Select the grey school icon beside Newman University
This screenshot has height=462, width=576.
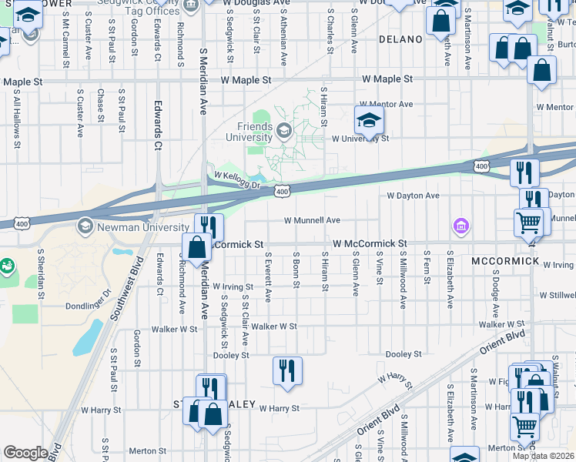[x=83, y=226]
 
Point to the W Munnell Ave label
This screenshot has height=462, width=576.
[x=312, y=220]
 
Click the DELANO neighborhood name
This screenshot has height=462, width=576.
[x=401, y=38]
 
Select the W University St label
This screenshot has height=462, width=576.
[x=360, y=139]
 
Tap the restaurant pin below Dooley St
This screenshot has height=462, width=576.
[x=287, y=372]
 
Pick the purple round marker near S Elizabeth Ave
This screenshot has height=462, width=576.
[x=460, y=226]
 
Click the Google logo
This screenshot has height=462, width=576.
[x=25, y=453]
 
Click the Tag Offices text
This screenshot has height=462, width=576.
[x=152, y=11]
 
